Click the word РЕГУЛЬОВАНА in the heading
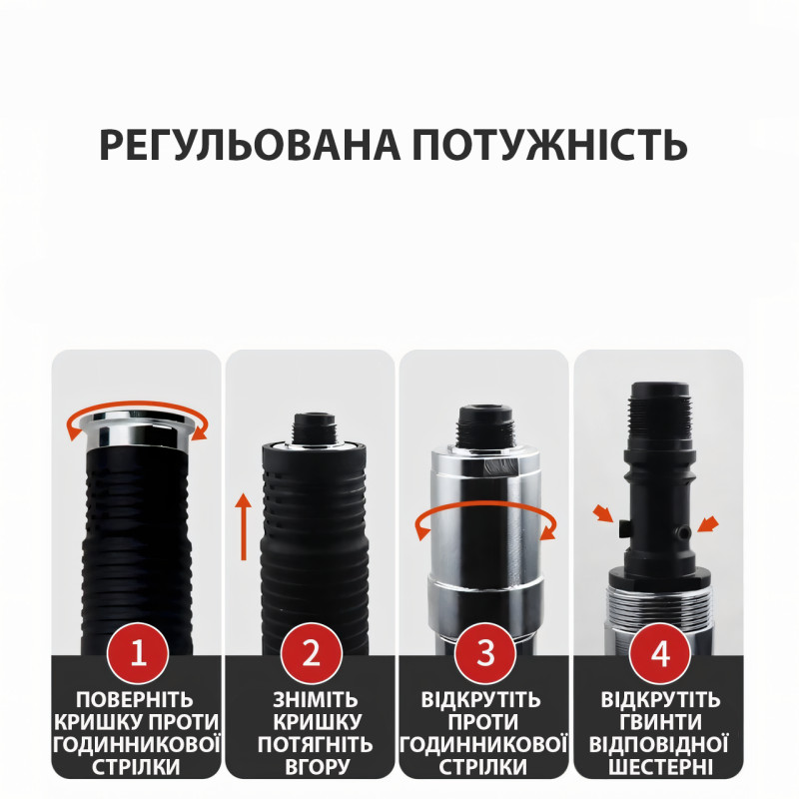250,145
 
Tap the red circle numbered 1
138,653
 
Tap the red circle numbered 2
312,653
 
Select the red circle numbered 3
485,653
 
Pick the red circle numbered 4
660,653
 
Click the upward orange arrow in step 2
244,526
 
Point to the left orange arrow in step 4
603,513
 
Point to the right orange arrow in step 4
708,524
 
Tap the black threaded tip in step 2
314,427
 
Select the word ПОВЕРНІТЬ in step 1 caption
135,700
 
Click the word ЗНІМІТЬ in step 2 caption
316,700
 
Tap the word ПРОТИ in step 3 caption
482,722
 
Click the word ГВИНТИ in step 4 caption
660,722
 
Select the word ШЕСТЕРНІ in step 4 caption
660,767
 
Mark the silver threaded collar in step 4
660,605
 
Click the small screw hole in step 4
681,533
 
